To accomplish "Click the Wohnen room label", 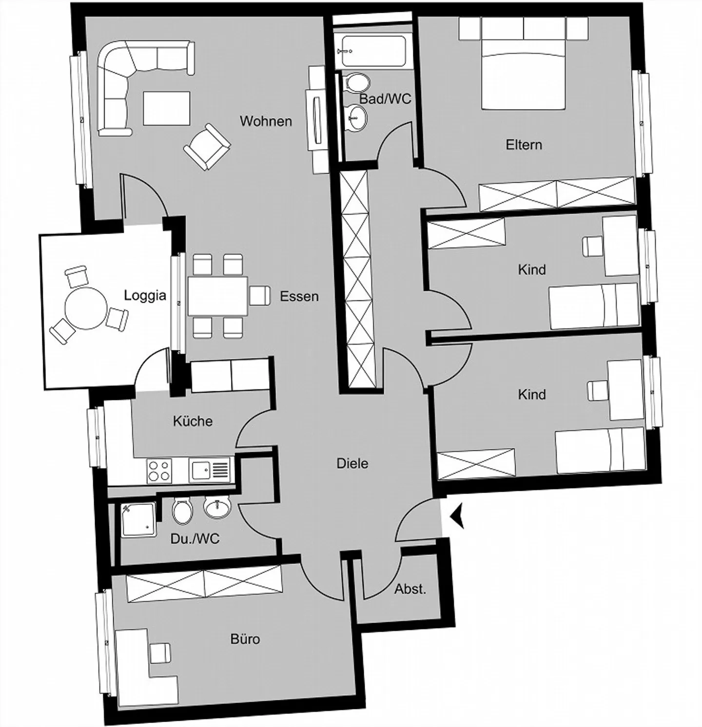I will click(x=266, y=121).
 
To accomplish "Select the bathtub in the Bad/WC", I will click(x=374, y=51).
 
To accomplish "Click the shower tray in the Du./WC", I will click(x=138, y=519).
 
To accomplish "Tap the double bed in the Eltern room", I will click(x=524, y=73).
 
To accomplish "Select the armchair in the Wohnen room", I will click(x=207, y=147).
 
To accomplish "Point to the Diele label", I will click(x=352, y=463).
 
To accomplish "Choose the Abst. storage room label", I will click(x=410, y=589).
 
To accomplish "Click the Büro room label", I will click(x=245, y=638).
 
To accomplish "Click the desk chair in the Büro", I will click(x=160, y=653).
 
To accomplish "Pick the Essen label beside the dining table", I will click(x=299, y=296).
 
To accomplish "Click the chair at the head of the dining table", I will click(x=259, y=295).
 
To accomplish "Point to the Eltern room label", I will click(x=524, y=145).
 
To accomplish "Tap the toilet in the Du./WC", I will click(x=183, y=511).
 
